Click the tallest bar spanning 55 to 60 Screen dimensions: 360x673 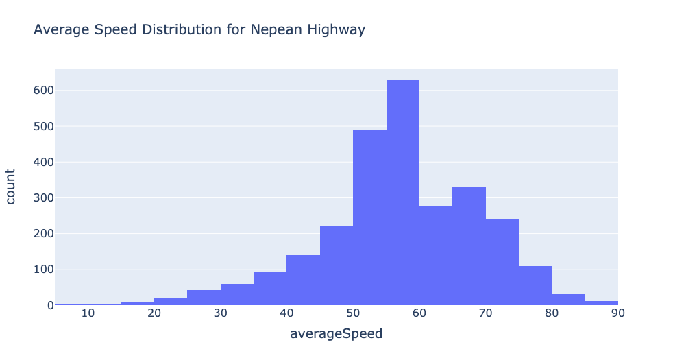click(402, 193)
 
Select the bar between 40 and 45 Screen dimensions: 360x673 click(303, 280)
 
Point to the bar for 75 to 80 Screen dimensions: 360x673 click(535, 285)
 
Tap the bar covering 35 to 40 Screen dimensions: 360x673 click(270, 289)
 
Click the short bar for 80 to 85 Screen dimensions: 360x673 click(568, 300)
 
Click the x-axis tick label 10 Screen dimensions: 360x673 click(88, 313)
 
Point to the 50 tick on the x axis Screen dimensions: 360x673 click(353, 313)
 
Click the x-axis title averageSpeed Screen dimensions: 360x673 click(336, 335)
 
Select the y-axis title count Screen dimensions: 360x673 click(12, 187)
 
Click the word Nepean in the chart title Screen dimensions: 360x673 click(275, 30)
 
